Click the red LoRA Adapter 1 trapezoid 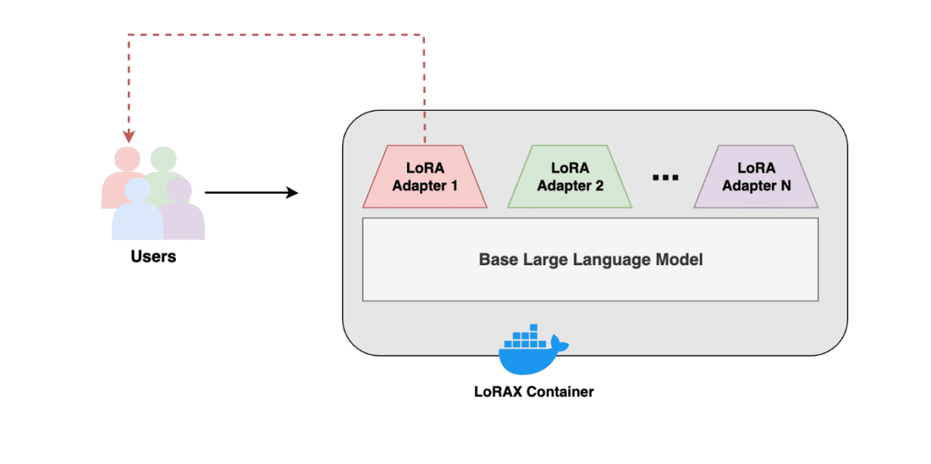[425, 177]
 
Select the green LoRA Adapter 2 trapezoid [570, 177]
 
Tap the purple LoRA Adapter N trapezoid [756, 177]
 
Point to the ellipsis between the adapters [666, 177]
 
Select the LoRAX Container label [533, 392]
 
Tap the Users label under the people [154, 257]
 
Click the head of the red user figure [126, 158]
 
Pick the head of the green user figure [163, 158]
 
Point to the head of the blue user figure [137, 191]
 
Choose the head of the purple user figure [179, 191]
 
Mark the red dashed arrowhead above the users [129, 137]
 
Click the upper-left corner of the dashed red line [129, 35]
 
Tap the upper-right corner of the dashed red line [425, 35]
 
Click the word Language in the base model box [605, 259]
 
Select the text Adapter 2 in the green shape [570, 185]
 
